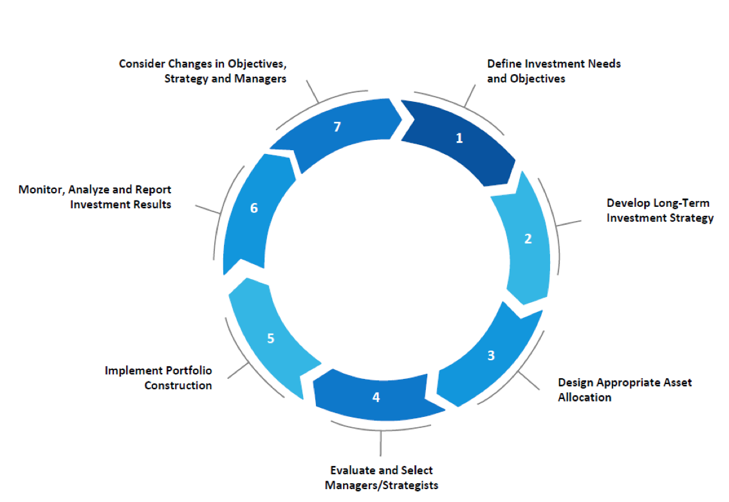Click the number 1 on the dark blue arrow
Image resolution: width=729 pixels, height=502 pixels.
pos(459,137)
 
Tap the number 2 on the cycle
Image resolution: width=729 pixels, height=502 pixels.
pos(528,238)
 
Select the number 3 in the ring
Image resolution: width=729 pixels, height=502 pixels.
pos(491,355)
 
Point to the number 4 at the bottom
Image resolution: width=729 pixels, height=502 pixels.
pos(376,397)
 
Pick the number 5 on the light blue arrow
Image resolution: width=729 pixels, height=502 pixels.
pos(271,338)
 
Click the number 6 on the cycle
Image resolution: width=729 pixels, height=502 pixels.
pos(254,208)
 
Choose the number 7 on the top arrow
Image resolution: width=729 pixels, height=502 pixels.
pos(337,127)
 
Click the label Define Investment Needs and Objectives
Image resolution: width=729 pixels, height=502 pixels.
pos(553,72)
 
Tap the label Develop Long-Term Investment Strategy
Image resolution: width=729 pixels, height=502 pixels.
pos(660,211)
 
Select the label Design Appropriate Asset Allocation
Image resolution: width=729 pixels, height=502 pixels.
pos(624,390)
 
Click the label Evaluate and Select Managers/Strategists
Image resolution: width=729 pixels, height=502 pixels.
pos(382,478)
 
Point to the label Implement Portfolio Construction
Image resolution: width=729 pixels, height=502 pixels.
pos(159,378)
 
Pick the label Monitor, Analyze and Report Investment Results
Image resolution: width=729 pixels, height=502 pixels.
pos(96,197)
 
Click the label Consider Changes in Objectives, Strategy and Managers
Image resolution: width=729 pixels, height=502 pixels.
pos(203,72)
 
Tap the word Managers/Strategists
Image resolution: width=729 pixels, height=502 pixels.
pos(382,485)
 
